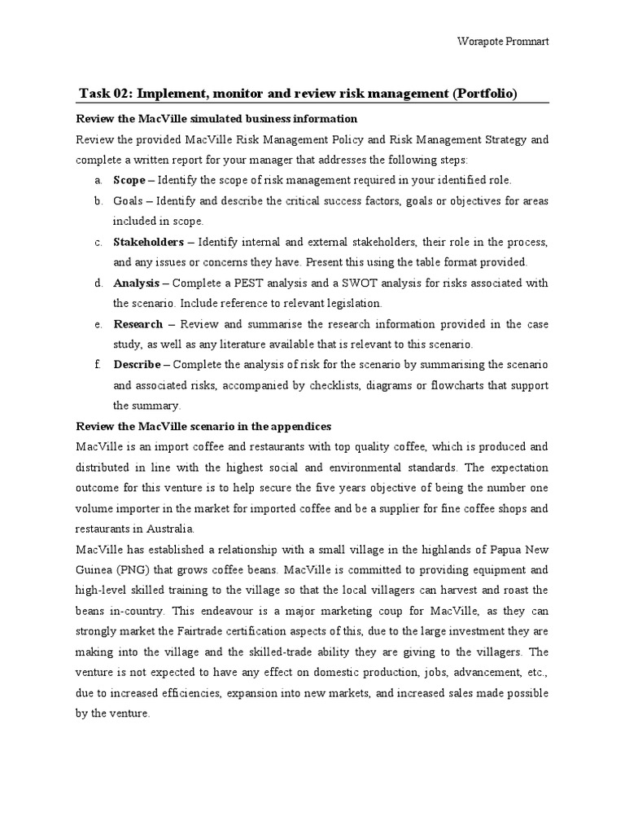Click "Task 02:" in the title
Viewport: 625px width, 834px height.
coord(109,94)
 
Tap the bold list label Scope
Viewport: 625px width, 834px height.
coord(129,180)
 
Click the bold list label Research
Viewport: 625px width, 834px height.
coord(138,323)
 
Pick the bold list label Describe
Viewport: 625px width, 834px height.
coord(137,364)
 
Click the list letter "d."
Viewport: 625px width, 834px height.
coord(98,283)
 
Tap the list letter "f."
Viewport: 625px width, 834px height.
coord(97,364)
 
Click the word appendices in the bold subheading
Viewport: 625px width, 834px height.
coord(296,426)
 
